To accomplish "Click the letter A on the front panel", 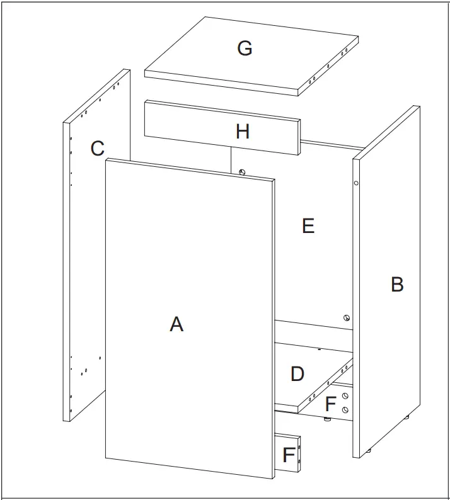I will tap(176, 324).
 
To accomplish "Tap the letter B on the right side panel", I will tap(397, 285).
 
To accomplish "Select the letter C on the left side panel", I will tap(97, 149).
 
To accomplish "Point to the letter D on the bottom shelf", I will tap(297, 374).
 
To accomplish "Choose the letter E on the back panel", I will tap(308, 225).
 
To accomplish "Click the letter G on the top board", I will tap(245, 48).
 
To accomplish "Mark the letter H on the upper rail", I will tap(243, 132).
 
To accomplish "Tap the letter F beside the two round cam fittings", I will tap(330, 403).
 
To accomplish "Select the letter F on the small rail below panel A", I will tap(289, 454).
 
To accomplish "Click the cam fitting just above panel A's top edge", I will tap(242, 171).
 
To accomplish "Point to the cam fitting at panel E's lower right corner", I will tap(346, 318).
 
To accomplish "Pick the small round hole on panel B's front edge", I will tap(356, 183).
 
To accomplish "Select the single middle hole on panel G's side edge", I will tap(328, 65).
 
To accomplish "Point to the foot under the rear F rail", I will tap(328, 418).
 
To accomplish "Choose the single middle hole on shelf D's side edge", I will tap(328, 380).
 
